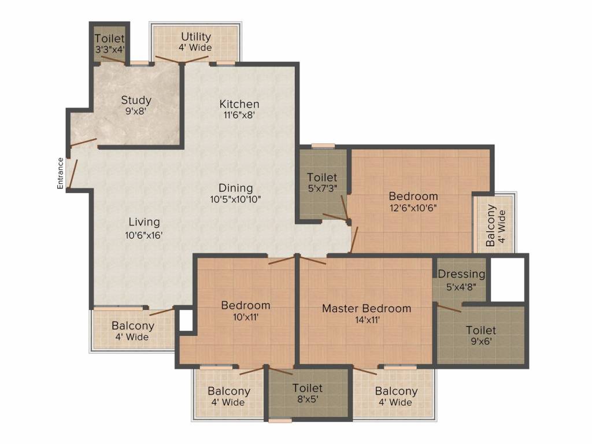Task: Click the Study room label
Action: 136,100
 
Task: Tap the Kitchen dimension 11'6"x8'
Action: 239,115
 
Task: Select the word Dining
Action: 236,188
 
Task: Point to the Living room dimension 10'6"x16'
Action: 144,235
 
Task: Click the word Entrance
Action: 60,173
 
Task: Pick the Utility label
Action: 195,37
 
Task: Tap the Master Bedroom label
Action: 367,309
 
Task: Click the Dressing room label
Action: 461,275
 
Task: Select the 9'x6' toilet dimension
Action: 481,341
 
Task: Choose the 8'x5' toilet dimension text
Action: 308,399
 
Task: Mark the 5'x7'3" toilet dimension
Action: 322,188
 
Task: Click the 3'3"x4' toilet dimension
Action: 109,49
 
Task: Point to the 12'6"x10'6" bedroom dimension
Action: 413,208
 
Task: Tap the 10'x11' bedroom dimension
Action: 246,317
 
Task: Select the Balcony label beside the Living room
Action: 133,326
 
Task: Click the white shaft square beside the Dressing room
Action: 508,280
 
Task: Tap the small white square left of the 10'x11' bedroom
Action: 186,320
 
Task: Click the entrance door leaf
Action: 72,173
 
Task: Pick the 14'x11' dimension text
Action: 367,320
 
